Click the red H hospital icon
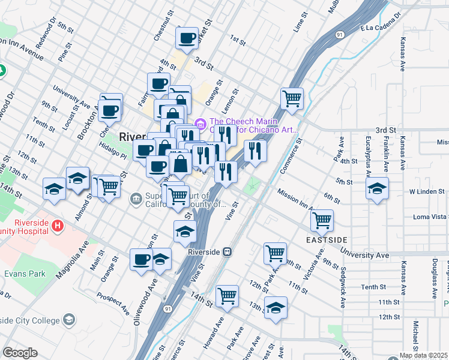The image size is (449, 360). [58, 226]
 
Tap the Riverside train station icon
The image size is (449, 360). [228, 252]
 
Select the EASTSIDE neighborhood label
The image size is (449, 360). [326, 240]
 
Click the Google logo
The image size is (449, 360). [20, 352]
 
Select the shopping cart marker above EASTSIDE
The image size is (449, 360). [322, 220]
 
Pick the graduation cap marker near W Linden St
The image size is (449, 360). [377, 188]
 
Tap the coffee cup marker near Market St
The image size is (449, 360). [187, 38]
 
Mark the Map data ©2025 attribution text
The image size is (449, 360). [423, 355]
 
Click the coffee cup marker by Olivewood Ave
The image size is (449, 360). [141, 260]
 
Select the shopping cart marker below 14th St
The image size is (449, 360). [227, 295]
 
